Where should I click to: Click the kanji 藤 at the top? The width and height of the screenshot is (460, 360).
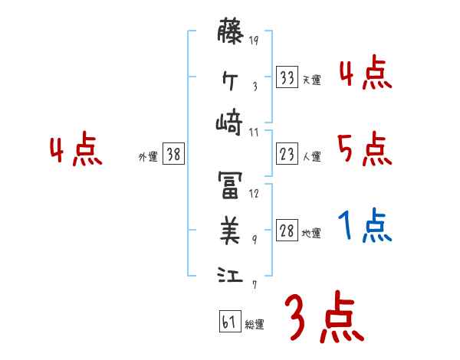coord(230,35)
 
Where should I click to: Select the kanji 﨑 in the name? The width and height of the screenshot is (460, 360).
coord(230,123)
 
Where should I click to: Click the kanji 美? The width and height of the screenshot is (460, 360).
coord(230,227)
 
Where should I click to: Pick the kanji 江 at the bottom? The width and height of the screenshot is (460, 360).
coord(230,274)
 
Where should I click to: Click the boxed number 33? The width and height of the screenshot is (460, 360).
coord(287,77)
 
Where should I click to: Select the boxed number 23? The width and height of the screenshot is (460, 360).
coord(287,154)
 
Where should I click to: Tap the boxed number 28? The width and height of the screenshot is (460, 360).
coord(287,231)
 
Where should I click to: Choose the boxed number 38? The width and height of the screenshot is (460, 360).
coord(174,154)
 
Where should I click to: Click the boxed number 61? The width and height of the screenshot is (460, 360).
coord(228,322)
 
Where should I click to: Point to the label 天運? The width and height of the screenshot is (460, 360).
coord(310,80)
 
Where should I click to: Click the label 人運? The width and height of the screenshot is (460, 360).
coord(311,156)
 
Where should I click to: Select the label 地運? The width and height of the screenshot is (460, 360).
coord(311,233)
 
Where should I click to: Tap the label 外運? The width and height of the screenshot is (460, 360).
coord(148,156)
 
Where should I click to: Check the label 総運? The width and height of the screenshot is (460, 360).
coord(255,324)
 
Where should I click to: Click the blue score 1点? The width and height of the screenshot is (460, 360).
coord(365,226)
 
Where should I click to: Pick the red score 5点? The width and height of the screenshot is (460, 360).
coord(365,149)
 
